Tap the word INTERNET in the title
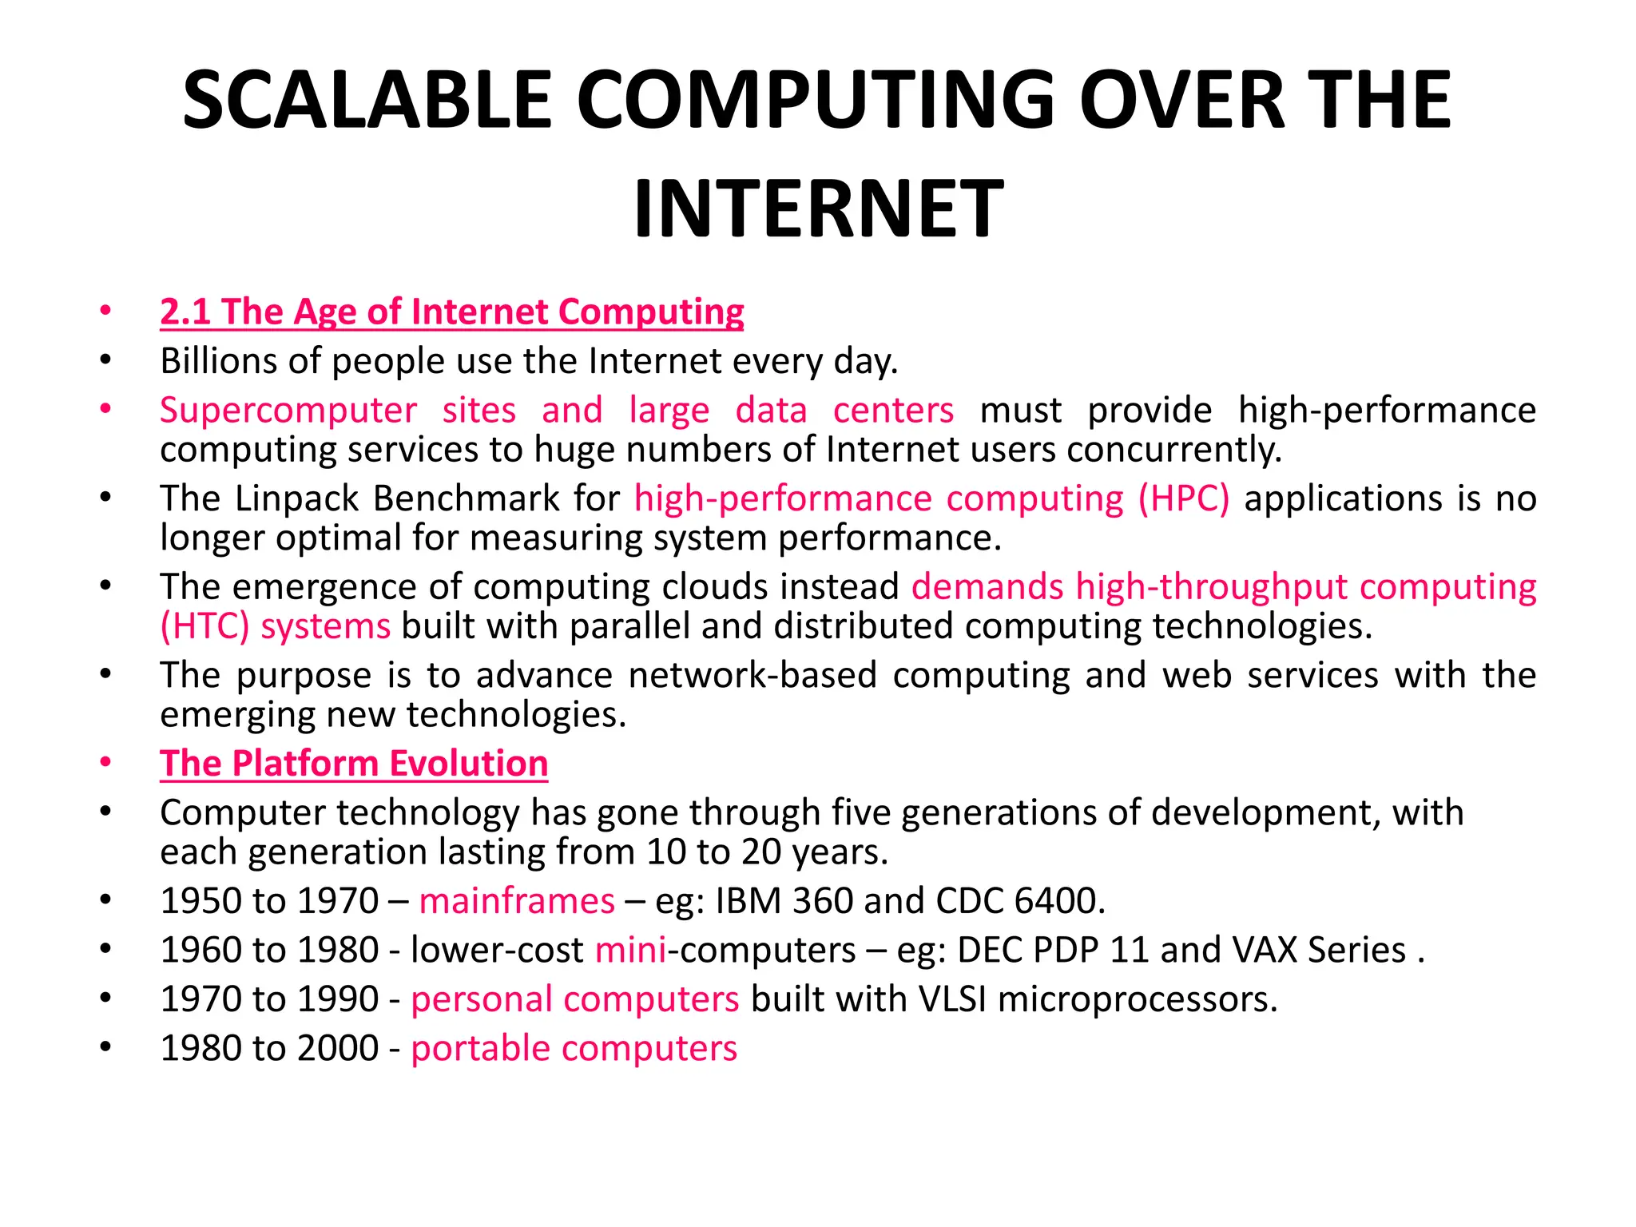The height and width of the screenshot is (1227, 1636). [818, 209]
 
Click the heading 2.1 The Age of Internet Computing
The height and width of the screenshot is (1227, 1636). [451, 312]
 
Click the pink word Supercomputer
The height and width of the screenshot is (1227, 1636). [288, 411]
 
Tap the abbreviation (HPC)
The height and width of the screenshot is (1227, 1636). [1184, 498]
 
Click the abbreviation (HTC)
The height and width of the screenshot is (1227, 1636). [204, 626]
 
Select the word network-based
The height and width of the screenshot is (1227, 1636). [753, 676]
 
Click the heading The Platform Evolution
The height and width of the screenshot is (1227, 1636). [354, 764]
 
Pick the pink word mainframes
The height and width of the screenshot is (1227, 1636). [517, 901]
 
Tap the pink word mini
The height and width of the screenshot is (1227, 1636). [630, 951]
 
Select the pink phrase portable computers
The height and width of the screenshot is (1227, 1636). [574, 1049]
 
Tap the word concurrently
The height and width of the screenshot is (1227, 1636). [1173, 450]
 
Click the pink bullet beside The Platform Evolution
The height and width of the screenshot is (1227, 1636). [105, 763]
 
